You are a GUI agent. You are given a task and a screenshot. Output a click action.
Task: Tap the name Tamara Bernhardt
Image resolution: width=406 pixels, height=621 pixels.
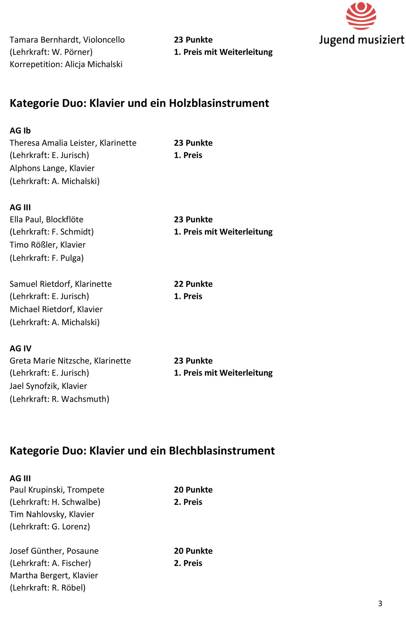pyautogui.click(x=45, y=40)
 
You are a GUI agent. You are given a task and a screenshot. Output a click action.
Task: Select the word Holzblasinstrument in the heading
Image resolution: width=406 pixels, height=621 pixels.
pyautogui.click(x=219, y=103)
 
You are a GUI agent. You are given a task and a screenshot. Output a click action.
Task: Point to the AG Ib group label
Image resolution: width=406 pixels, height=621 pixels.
pyautogui.click(x=20, y=131)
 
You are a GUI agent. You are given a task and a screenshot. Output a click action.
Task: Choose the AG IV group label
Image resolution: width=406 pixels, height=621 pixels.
pyautogui.click(x=20, y=348)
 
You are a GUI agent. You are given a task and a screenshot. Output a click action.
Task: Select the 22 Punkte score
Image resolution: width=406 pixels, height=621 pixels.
pyautogui.click(x=193, y=284)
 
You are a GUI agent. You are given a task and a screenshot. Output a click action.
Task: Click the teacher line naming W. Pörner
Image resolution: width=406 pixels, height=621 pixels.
pyautogui.click(x=51, y=52)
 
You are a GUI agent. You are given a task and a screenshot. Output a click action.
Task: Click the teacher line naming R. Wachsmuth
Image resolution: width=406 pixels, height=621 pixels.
pyautogui.click(x=59, y=399)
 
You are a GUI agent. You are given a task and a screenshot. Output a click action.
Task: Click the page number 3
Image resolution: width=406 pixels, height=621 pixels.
pyautogui.click(x=380, y=604)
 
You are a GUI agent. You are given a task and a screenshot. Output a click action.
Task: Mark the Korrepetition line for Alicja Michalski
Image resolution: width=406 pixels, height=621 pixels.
pyautogui.click(x=66, y=64)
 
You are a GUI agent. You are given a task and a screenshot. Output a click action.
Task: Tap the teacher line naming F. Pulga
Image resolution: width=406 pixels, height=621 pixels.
pyautogui.click(x=47, y=258)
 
